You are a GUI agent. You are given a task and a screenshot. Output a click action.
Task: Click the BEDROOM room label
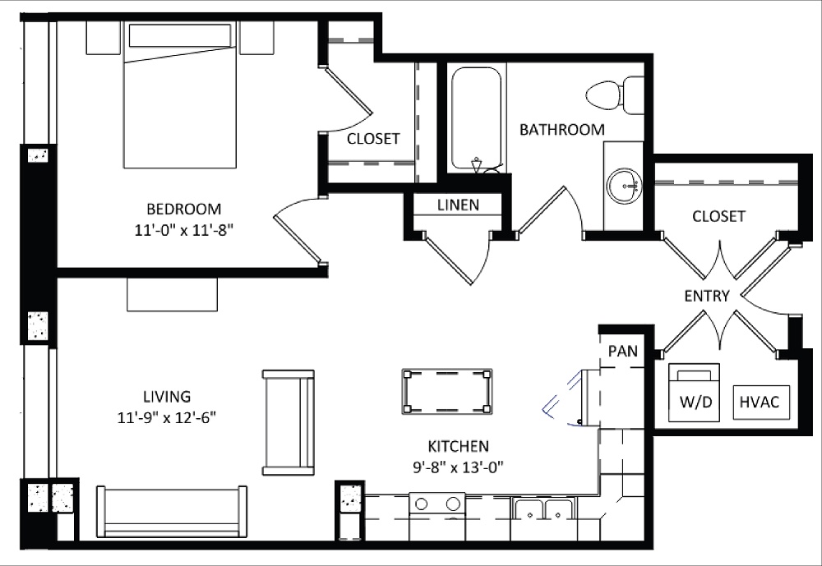184,209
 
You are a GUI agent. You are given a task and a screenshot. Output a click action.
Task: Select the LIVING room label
165,396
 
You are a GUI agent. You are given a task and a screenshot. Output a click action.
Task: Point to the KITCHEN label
458,446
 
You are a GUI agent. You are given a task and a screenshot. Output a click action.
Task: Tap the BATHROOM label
561,129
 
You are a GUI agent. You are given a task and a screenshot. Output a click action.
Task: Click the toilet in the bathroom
617,94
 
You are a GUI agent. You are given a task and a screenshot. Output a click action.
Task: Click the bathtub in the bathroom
477,118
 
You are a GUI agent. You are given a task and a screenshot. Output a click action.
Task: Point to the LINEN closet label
458,205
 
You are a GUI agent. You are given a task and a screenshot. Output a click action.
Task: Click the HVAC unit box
760,403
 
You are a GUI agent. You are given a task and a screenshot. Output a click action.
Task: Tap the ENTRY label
706,296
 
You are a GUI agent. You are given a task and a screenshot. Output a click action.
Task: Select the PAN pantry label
622,351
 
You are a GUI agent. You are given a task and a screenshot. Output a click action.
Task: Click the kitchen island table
447,392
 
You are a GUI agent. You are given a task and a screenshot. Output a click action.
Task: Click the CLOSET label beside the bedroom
372,138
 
